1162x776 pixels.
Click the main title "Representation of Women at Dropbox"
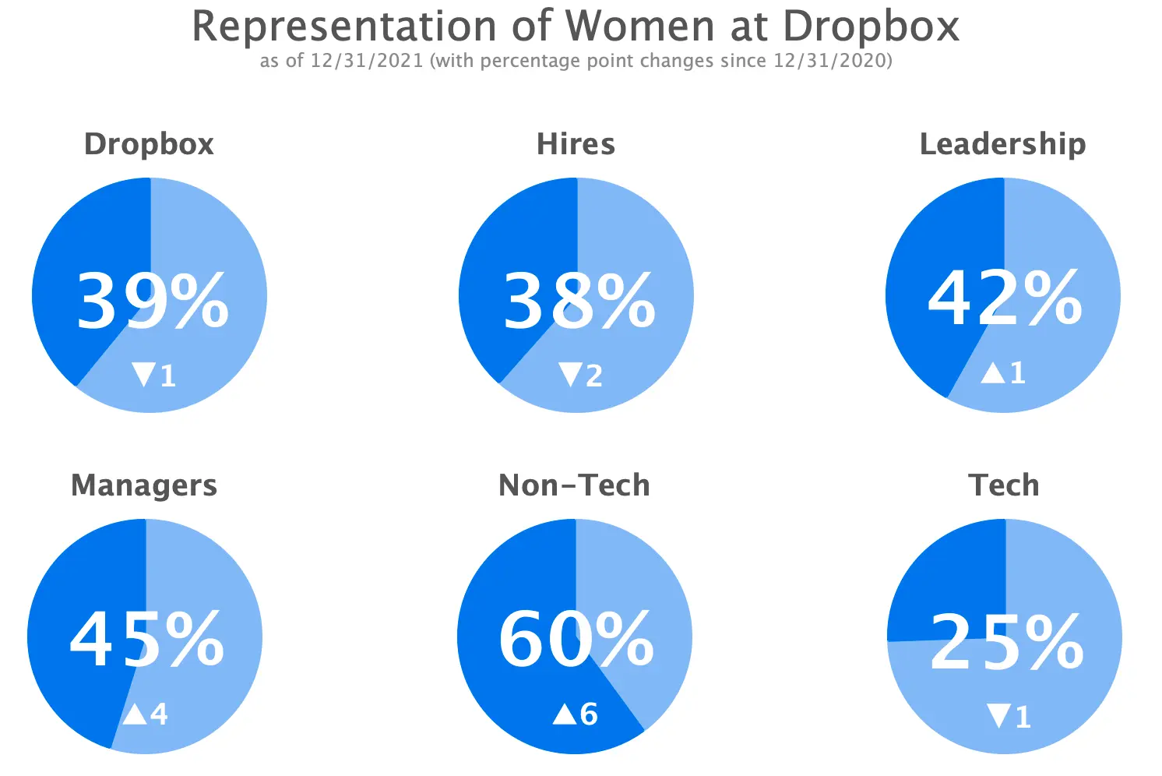[576, 26]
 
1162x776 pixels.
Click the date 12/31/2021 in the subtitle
[366, 61]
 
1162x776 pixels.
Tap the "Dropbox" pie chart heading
[149, 144]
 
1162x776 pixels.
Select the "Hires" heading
[576, 144]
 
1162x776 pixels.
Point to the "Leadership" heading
[1002, 144]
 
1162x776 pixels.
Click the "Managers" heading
[144, 485]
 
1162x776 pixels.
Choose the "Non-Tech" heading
[574, 485]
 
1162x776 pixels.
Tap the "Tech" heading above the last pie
[1003, 485]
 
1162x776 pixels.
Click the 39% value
[153, 300]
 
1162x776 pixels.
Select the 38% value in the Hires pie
[579, 300]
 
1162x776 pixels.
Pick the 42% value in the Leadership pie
[1005, 298]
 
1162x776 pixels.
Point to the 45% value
[147, 639]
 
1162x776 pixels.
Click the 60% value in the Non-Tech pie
[576, 639]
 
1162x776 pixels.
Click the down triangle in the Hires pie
[570, 375]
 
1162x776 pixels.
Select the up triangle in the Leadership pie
[992, 373]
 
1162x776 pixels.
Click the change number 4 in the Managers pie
[159, 714]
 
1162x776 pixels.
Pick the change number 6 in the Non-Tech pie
[589, 714]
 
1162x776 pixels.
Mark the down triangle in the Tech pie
[998, 715]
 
